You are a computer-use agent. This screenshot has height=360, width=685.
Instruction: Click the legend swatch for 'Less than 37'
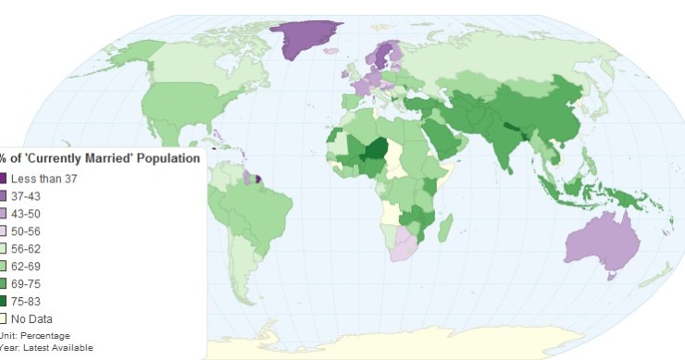[4, 179]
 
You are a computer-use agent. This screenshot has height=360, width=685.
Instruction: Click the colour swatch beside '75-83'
[4, 302]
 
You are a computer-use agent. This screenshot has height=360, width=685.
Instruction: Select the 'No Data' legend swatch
[4, 319]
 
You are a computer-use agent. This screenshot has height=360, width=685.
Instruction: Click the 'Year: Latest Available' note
[46, 348]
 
